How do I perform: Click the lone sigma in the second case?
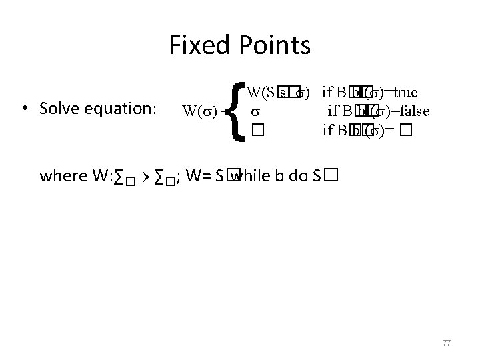click(x=254, y=111)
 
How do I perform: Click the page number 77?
click(x=447, y=343)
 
